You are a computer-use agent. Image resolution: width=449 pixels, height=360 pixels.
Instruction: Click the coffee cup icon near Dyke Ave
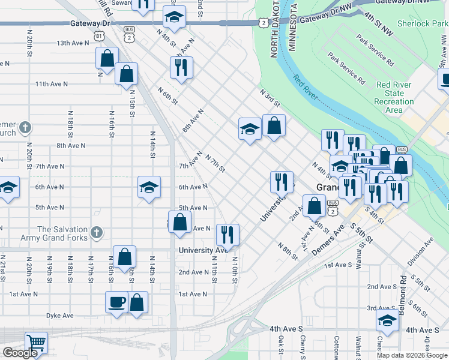tap(117, 302)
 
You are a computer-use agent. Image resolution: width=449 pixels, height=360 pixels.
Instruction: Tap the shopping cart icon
tap(37, 344)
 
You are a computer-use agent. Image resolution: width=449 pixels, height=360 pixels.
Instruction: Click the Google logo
tap(20, 353)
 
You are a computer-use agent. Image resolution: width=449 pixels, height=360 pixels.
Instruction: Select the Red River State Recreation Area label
tap(394, 97)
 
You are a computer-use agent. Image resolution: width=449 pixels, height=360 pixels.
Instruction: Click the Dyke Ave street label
tap(59, 315)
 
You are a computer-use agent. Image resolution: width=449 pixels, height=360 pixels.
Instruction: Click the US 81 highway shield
tap(97, 36)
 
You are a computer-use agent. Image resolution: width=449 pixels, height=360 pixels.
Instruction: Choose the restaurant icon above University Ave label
tap(228, 235)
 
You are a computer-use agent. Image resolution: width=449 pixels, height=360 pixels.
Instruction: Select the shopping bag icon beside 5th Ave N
tap(180, 222)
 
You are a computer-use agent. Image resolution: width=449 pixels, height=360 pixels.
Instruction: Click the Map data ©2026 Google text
tap(412, 355)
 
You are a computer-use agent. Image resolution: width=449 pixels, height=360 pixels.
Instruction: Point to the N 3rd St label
tap(270, 98)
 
